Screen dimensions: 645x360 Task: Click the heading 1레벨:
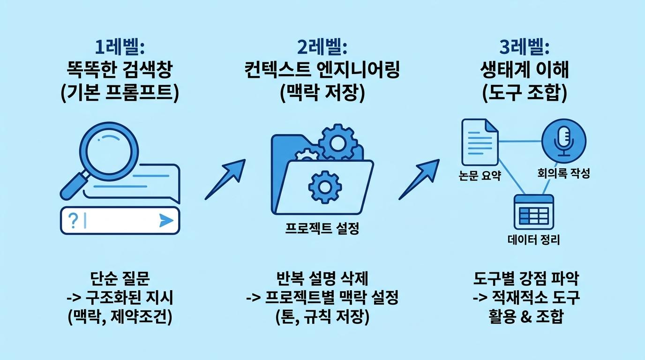click(120, 47)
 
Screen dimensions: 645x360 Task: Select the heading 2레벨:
click(322, 47)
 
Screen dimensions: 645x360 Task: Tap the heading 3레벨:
click(525, 47)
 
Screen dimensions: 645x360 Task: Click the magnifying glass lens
click(109, 152)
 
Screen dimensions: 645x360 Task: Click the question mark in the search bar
click(73, 221)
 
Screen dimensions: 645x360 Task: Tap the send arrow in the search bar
click(166, 221)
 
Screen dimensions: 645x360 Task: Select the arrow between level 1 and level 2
click(225, 179)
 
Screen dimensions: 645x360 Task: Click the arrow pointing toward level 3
click(419, 179)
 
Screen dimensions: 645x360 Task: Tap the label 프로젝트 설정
click(322, 229)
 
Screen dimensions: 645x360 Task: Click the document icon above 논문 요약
click(480, 142)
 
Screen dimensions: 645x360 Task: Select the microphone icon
click(564, 142)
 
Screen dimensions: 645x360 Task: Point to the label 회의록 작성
click(563, 173)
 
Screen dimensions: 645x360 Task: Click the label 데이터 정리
click(533, 240)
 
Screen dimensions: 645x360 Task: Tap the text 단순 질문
click(120, 278)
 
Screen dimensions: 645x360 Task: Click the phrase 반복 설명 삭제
click(322, 278)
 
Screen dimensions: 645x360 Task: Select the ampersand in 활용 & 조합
click(526, 316)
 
